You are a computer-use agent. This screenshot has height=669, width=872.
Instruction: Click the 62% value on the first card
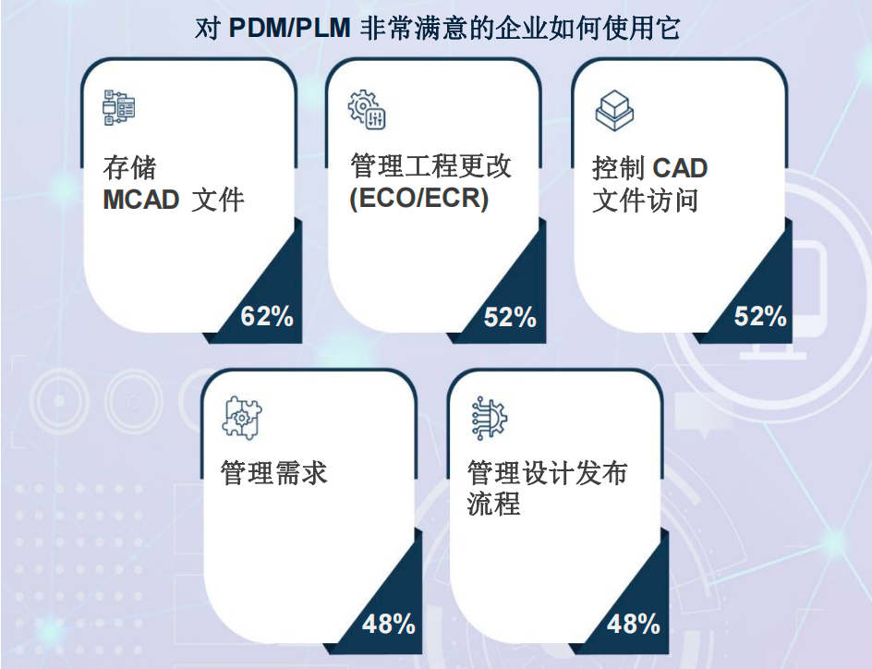(x=267, y=316)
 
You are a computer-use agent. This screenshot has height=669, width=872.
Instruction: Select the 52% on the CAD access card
(x=760, y=316)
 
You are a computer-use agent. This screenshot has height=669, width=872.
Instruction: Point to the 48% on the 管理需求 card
(x=389, y=624)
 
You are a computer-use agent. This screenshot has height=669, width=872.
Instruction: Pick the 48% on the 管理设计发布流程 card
(x=634, y=624)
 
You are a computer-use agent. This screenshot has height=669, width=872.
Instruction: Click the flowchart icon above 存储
(x=119, y=107)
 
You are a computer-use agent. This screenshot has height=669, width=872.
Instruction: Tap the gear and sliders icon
(x=367, y=110)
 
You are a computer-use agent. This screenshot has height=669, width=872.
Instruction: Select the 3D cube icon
(x=614, y=110)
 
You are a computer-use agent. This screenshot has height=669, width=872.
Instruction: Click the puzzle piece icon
(x=242, y=418)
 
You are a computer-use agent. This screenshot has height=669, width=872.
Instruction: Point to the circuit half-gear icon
(x=490, y=419)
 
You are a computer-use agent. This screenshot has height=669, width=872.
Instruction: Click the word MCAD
(x=141, y=201)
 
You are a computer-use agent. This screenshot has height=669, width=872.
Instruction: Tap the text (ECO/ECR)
(x=419, y=198)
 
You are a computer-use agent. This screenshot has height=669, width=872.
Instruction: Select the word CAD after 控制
(x=680, y=168)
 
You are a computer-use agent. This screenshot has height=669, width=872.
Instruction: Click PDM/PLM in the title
(x=289, y=28)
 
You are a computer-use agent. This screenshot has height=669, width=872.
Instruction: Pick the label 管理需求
(x=273, y=473)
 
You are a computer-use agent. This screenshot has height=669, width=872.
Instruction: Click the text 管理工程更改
(x=430, y=165)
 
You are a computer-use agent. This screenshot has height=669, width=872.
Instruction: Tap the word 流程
(x=494, y=504)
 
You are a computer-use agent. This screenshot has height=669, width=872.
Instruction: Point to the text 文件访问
(x=645, y=201)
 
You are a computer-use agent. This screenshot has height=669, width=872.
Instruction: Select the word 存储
(x=129, y=168)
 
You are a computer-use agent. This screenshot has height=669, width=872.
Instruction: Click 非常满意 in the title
(x=413, y=28)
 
